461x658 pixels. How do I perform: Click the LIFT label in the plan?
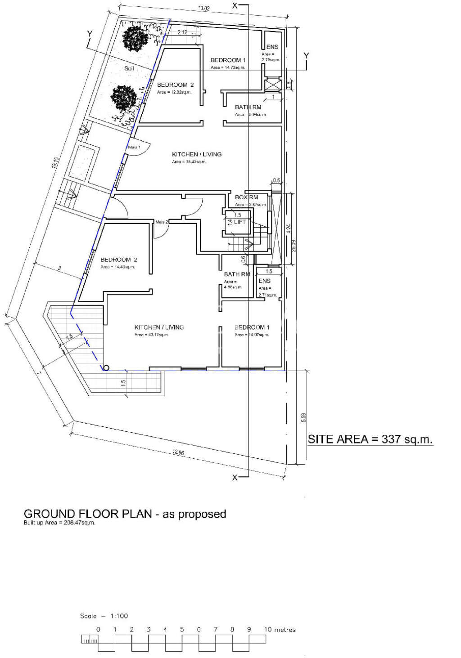click(x=240, y=222)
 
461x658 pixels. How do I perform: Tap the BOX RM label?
click(x=246, y=197)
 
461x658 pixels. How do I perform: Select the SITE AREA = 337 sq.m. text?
click(x=370, y=439)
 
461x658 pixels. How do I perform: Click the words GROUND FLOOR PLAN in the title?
click(x=87, y=514)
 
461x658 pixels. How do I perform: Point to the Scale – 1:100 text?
click(x=104, y=616)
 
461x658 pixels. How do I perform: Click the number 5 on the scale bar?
click(x=182, y=629)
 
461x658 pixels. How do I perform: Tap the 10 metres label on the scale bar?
click(x=280, y=629)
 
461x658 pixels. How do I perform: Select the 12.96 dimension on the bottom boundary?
click(x=177, y=452)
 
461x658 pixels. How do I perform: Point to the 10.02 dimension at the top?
click(x=203, y=9)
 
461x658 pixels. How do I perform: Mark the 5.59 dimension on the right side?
click(x=303, y=417)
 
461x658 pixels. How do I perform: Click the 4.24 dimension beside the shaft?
click(x=288, y=228)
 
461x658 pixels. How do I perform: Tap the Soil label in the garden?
click(x=129, y=68)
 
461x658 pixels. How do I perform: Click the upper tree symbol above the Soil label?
click(x=135, y=38)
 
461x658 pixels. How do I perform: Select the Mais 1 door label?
click(x=134, y=147)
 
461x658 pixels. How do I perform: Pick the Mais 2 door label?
click(x=162, y=222)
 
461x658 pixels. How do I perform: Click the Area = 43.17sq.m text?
click(x=151, y=335)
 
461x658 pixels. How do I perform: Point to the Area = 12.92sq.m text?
click(x=174, y=92)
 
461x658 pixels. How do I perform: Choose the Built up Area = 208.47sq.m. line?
click(x=59, y=523)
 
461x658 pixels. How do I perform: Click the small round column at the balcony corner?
click(x=106, y=368)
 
